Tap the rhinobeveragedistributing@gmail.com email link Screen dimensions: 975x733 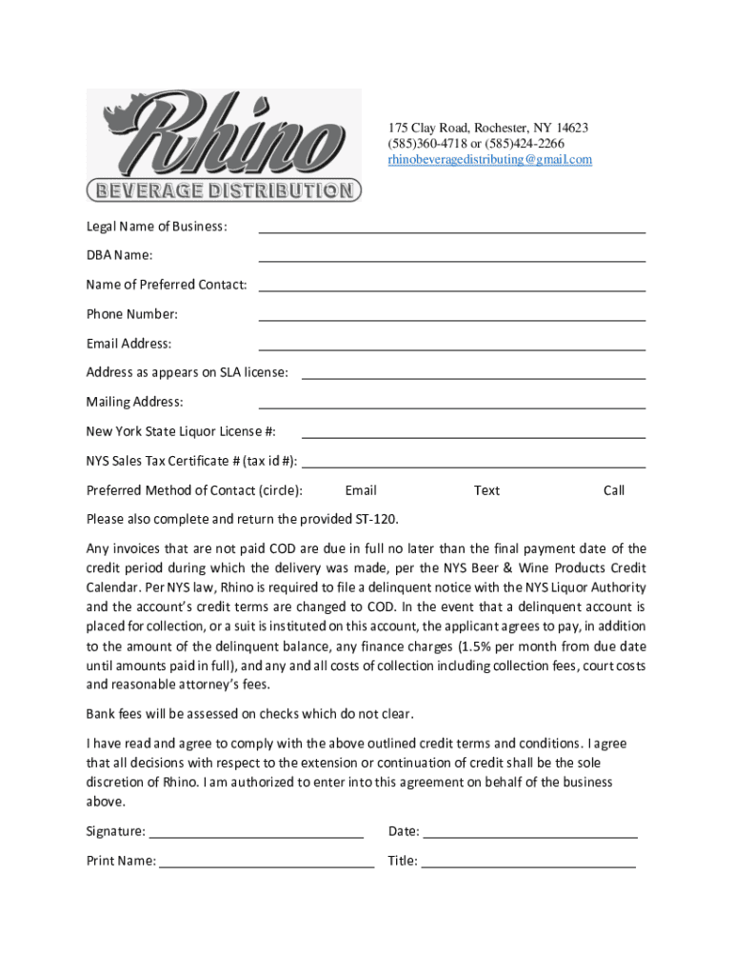pyautogui.click(x=489, y=160)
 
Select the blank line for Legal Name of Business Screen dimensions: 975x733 pyautogui.click(x=451, y=229)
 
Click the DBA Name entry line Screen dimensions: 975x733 pyautogui.click(x=451, y=259)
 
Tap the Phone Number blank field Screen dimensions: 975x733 pyautogui.click(x=451, y=318)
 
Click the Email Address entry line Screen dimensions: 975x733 pyautogui.click(x=451, y=348)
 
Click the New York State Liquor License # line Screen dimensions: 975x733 pyautogui.click(x=473, y=436)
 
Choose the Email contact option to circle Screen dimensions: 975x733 pyautogui.click(x=361, y=491)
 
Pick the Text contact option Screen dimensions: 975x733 pyautogui.click(x=486, y=491)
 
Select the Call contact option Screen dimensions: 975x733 pyautogui.click(x=614, y=491)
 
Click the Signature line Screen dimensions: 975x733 pyautogui.click(x=256, y=835)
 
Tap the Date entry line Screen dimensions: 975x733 pyautogui.click(x=529, y=835)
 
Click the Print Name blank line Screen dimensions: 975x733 pyautogui.click(x=267, y=866)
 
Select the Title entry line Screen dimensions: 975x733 pyautogui.click(x=528, y=866)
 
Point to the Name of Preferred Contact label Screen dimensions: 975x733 pyautogui.click(x=167, y=285)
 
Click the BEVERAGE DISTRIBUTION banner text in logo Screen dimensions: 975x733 pyautogui.click(x=224, y=190)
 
